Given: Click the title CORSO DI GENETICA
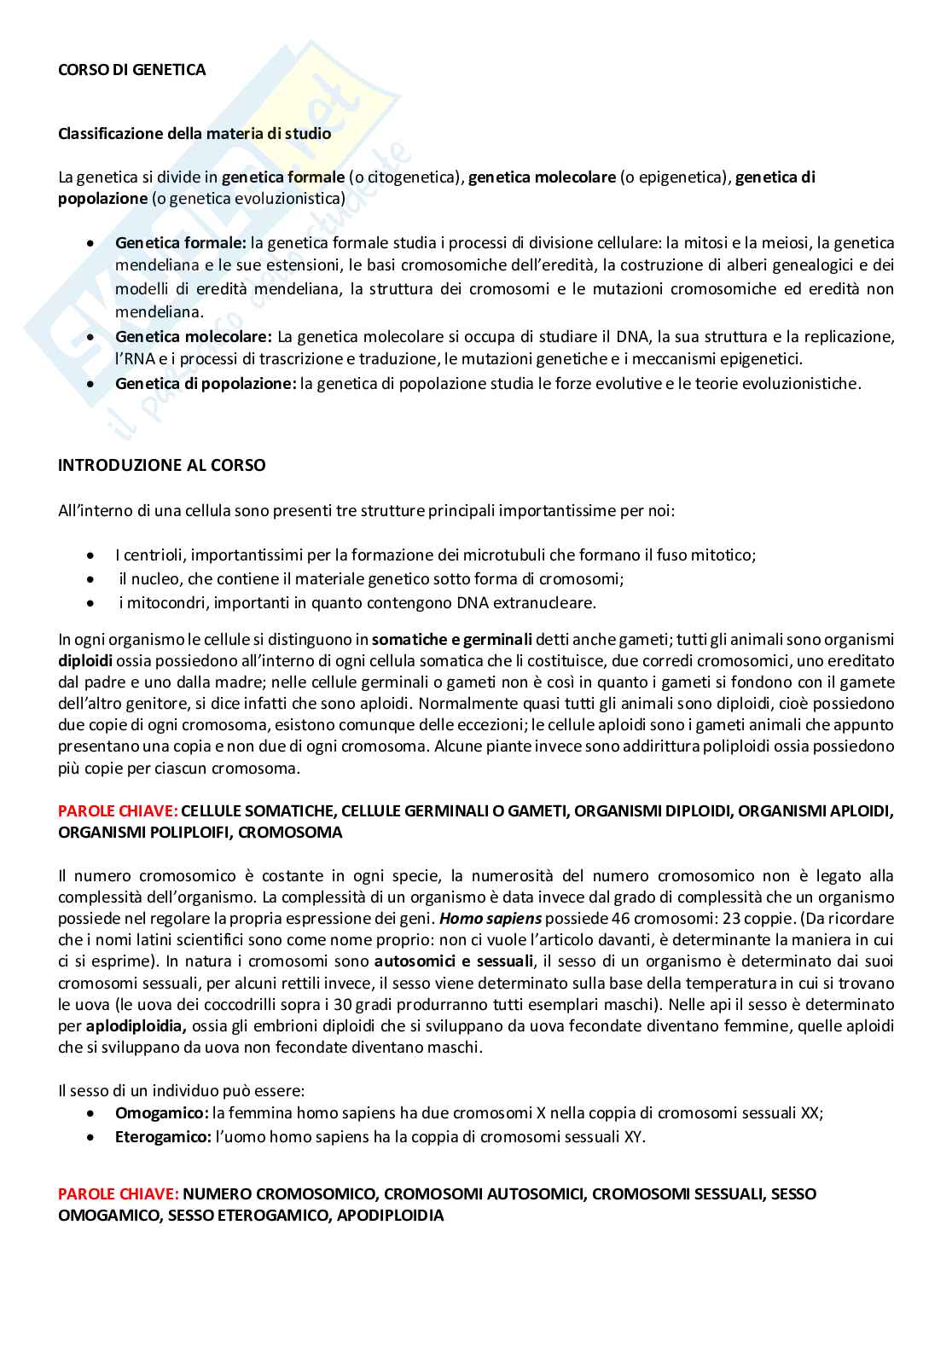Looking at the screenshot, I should pos(131,70).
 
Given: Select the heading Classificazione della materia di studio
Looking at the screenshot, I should pos(194,134).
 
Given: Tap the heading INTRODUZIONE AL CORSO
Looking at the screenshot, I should pos(161,466).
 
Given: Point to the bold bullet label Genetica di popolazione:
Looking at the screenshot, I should pos(206,384).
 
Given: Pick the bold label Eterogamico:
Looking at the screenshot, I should pos(163,1137).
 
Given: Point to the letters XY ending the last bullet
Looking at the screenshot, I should pos(631,1137).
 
